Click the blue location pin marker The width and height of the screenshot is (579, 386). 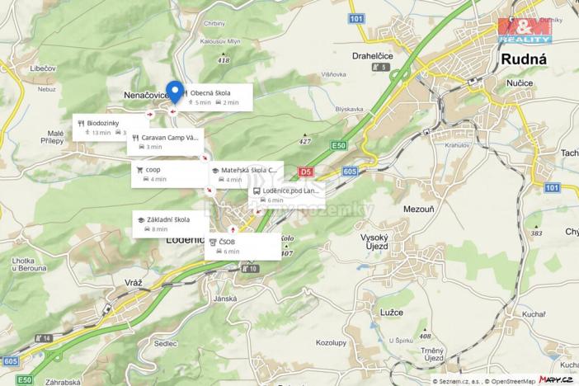(x=174, y=92)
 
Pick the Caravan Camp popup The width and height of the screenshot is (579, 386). (x=166, y=142)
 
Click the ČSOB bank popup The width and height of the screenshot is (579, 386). (x=242, y=246)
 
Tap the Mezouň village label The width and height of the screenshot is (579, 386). (x=418, y=209)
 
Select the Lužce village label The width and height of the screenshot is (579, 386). (x=393, y=313)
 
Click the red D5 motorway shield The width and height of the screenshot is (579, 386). (x=306, y=172)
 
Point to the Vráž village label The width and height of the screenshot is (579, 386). (x=134, y=283)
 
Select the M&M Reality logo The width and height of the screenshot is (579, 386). (x=525, y=30)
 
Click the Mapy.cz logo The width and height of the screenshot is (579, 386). (x=556, y=379)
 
